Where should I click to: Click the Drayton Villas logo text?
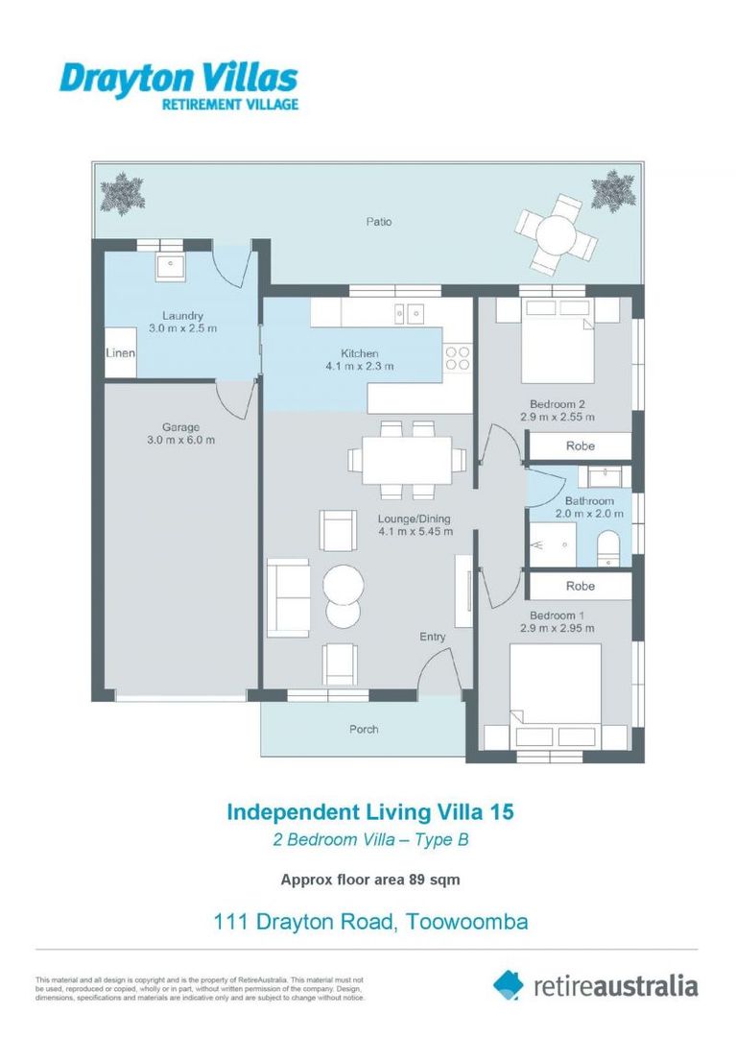[x=178, y=78]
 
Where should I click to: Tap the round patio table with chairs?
[x=554, y=233]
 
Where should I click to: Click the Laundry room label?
[x=182, y=316]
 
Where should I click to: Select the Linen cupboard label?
[x=120, y=354]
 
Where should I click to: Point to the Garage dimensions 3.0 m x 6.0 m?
[x=181, y=441]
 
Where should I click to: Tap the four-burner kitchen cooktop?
[x=458, y=358]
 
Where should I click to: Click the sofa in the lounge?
[x=289, y=597]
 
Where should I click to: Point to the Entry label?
[x=433, y=637]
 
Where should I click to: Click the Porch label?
[x=364, y=729]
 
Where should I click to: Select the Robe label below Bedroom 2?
[x=580, y=446]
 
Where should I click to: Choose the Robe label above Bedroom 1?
[x=580, y=586]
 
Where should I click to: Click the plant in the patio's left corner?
[x=123, y=193]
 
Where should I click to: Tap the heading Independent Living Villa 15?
[x=369, y=812]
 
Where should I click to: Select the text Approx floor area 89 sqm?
[x=369, y=879]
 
